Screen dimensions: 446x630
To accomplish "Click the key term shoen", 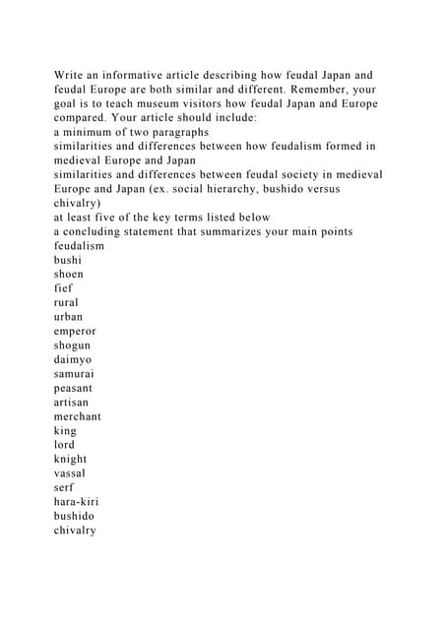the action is pyautogui.click(x=69, y=274).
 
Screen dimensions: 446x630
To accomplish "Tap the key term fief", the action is pyautogui.click(x=65, y=287).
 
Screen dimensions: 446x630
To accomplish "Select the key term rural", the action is pyautogui.click(x=68, y=302).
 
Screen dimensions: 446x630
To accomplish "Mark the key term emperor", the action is pyautogui.click(x=75, y=331).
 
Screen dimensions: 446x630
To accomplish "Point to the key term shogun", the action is pyautogui.click(x=73, y=345).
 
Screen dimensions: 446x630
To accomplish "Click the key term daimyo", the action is pyautogui.click(x=73, y=359).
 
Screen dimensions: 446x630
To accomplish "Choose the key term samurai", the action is pyautogui.click(x=75, y=373).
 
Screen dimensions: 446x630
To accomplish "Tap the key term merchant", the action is pyautogui.click(x=78, y=415).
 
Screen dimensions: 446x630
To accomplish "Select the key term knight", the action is pyautogui.click(x=70, y=459).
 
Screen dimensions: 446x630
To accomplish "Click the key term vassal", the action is pyautogui.click(x=70, y=472).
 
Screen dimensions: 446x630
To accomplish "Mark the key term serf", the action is pyautogui.click(x=65, y=487).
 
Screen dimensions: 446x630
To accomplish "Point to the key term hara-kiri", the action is pyautogui.click(x=78, y=501).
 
